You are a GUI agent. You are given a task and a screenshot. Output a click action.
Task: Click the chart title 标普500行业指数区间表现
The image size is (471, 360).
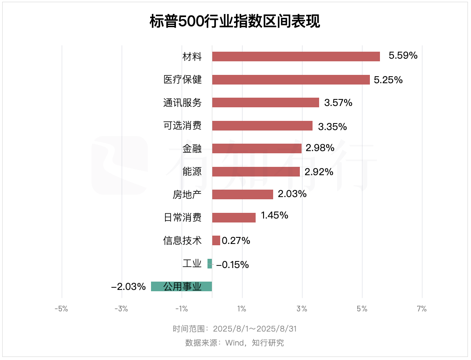235,21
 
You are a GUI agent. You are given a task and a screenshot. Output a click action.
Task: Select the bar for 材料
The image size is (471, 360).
296,56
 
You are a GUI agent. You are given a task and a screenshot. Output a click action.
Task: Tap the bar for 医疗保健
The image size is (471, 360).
291,80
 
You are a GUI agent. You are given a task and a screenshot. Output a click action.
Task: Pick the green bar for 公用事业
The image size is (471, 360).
181,286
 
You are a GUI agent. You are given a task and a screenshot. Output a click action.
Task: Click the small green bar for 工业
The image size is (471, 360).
210,264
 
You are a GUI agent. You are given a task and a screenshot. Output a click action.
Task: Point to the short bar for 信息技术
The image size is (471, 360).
216,240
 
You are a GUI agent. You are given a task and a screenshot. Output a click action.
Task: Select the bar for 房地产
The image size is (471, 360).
243,194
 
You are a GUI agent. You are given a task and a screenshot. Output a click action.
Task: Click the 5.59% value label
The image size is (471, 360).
403,56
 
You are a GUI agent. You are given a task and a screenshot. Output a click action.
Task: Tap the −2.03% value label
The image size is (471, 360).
128,287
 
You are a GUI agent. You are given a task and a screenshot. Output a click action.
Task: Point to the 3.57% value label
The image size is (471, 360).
338,103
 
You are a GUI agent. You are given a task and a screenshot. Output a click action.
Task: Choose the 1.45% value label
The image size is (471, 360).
274,215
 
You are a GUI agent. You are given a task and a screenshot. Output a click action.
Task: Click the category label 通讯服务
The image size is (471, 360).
183,103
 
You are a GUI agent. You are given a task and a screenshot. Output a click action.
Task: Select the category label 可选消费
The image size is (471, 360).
183,126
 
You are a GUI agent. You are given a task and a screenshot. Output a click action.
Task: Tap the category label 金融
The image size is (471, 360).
192,148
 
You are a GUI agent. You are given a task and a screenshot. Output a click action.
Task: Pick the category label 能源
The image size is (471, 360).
192,172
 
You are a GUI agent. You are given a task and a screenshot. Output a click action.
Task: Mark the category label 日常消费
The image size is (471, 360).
183,217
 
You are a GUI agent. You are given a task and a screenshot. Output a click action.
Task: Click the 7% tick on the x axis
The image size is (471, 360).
422,309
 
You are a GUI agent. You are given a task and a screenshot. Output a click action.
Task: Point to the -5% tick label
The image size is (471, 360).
61,309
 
